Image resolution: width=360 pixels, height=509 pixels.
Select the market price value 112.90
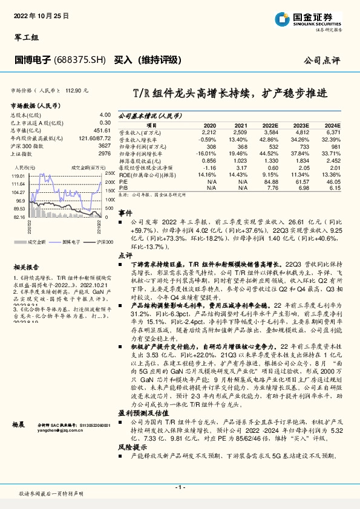point(80,90)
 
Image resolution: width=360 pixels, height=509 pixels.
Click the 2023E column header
point(301,125)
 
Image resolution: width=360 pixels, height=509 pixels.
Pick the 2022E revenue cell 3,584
point(270,131)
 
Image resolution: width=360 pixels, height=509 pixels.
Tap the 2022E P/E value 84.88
point(270,181)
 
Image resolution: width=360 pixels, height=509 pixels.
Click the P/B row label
point(123,187)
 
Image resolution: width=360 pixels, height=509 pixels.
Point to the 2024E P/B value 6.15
point(334,187)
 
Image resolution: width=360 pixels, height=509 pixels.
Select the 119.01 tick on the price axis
point(18,175)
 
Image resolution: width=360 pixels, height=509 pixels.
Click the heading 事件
point(125,214)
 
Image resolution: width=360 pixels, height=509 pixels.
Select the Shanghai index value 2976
point(104,154)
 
